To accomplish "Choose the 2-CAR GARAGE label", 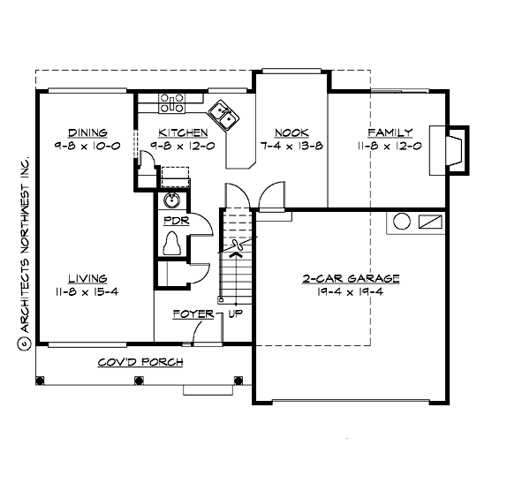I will click(351, 278).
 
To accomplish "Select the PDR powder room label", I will click(173, 221).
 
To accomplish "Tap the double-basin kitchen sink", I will click(222, 114).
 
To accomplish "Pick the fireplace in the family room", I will click(455, 148).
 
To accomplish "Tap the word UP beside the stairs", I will click(236, 313).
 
